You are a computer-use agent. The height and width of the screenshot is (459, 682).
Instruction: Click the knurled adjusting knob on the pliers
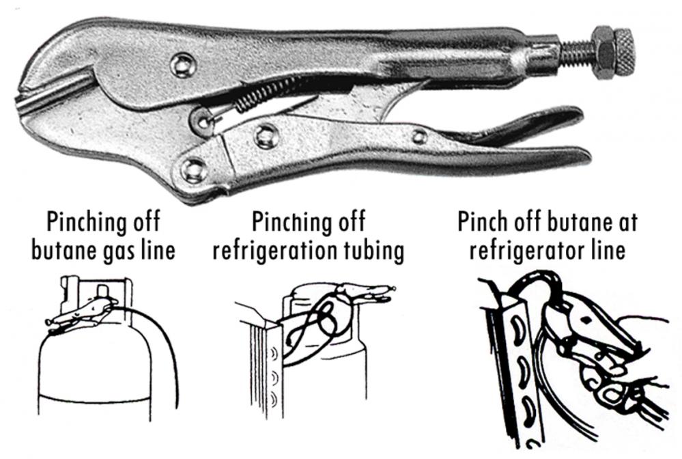coord(621,53)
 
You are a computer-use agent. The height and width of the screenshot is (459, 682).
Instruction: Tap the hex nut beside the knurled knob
coord(601,53)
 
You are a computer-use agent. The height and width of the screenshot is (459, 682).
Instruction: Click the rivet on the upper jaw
coord(183,65)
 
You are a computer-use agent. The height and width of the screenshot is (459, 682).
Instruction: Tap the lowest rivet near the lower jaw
coord(194,170)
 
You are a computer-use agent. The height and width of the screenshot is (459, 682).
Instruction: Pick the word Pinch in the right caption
coord(483,221)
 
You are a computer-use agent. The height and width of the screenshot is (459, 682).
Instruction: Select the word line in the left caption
coord(159,250)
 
